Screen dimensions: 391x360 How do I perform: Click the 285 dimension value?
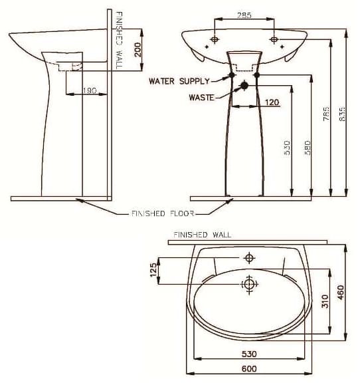[244, 14]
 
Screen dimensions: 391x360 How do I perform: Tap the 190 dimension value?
[90, 90]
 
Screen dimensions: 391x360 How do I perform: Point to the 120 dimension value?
[271, 102]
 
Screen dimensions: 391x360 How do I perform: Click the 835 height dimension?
[343, 114]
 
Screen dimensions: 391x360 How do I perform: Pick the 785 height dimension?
[326, 114]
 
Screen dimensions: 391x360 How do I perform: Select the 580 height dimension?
[307, 147]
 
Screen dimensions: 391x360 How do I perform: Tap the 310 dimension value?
[325, 301]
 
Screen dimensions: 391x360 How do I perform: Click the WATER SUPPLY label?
[179, 81]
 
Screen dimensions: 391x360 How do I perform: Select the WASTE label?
[201, 97]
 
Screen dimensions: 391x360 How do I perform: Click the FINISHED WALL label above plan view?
[202, 235]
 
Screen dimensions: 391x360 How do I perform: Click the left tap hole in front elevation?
[214, 40]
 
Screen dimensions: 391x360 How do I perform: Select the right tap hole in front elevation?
[274, 40]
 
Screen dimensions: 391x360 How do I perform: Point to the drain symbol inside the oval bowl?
[249, 285]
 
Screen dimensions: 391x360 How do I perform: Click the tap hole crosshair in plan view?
[249, 257]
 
